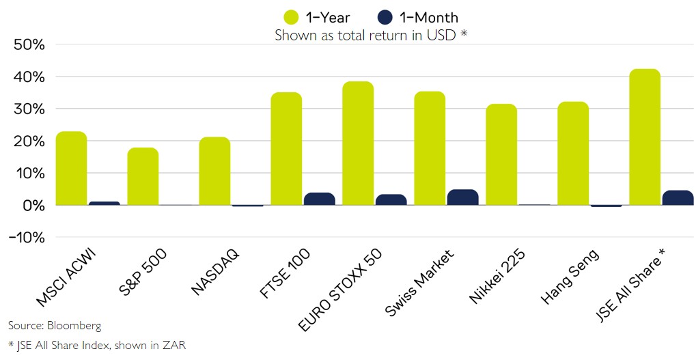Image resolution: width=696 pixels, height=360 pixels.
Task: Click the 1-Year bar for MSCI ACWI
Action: [71, 168]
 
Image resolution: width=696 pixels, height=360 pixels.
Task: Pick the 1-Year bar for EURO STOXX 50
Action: [358, 143]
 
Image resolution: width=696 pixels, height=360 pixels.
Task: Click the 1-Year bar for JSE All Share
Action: [645, 137]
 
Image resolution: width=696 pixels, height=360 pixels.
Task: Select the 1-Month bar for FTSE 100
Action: [319, 199]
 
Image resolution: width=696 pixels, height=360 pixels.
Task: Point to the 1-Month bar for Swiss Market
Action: [462, 197]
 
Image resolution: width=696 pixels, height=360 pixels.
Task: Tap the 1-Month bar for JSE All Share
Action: [678, 197]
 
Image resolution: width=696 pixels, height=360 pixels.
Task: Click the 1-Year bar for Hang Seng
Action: [573, 154]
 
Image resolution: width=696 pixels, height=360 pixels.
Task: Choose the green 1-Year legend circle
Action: [291, 17]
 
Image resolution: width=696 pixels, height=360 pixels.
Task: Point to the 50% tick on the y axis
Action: [29, 45]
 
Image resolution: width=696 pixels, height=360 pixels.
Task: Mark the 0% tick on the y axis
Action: [33, 206]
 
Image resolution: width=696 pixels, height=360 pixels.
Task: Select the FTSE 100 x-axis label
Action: [285, 275]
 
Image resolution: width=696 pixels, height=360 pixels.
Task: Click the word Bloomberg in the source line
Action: [72, 325]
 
